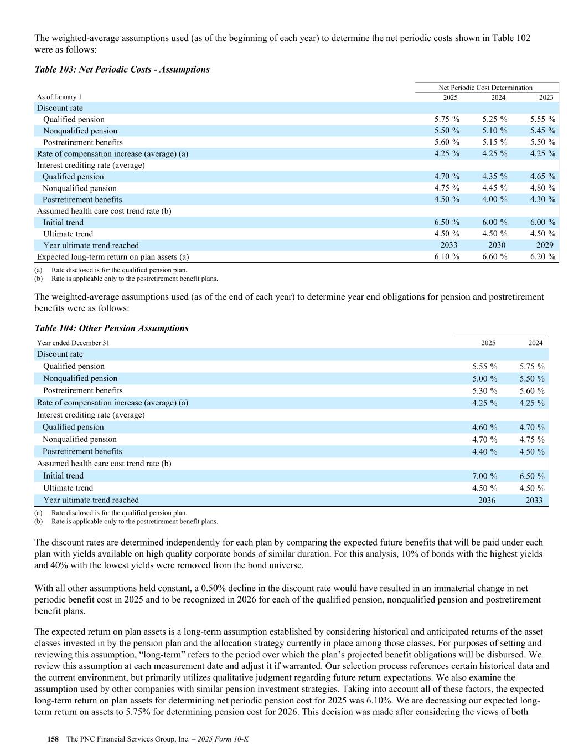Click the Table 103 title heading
(x=122, y=69)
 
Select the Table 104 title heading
(x=111, y=328)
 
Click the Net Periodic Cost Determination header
(x=485, y=88)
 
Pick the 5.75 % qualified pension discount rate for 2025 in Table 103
(x=446, y=119)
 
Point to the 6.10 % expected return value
(x=446, y=256)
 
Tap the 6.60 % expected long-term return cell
(x=494, y=256)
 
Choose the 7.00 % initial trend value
(x=484, y=476)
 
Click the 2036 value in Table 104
(x=487, y=500)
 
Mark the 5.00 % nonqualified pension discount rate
(x=484, y=379)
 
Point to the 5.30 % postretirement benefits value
(x=484, y=391)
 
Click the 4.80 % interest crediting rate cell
(x=542, y=188)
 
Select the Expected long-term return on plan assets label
(x=113, y=256)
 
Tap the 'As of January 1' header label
(x=59, y=97)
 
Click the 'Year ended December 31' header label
(x=73, y=343)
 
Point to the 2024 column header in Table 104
(x=535, y=343)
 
